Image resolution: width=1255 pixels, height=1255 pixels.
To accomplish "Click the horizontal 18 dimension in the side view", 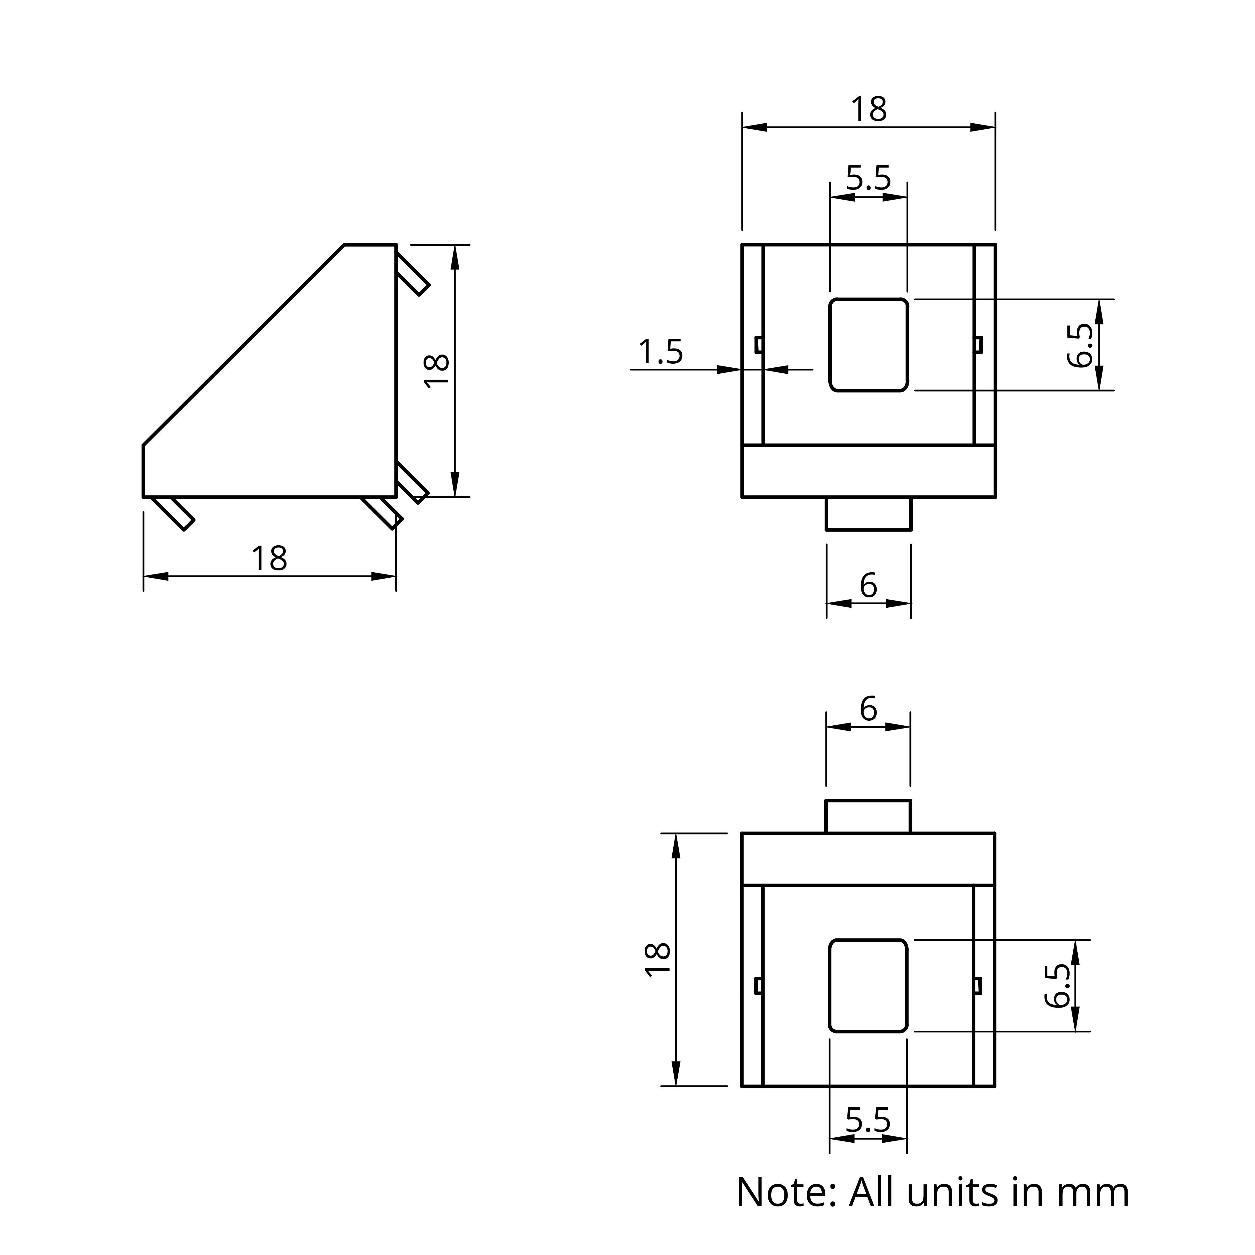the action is (269, 559).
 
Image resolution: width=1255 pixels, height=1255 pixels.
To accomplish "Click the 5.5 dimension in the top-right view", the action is (868, 178).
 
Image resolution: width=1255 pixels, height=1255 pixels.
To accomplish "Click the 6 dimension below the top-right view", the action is (868, 586).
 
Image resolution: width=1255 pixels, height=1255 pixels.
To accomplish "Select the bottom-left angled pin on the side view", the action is (173, 513).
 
